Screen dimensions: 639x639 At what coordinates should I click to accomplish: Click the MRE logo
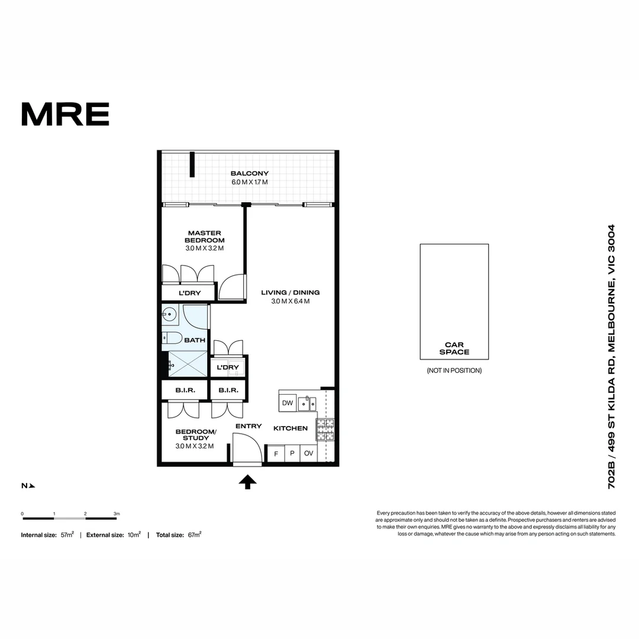(x=65, y=114)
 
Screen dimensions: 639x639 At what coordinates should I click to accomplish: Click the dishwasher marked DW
(x=288, y=403)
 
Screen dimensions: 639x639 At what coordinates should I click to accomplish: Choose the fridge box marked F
(x=276, y=454)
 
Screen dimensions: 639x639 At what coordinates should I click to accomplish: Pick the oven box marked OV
(x=308, y=454)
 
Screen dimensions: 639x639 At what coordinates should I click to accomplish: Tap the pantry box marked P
(x=292, y=454)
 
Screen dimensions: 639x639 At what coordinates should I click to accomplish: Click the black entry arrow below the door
(x=247, y=482)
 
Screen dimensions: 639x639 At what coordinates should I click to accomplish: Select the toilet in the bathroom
(x=172, y=338)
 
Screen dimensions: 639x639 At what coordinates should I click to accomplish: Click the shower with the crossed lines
(x=189, y=363)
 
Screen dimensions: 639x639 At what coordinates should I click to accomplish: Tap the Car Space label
(x=454, y=348)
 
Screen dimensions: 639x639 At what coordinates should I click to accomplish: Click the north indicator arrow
(x=32, y=486)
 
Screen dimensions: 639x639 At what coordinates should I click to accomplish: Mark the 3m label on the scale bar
(x=117, y=514)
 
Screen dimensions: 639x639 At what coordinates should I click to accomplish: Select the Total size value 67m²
(x=195, y=534)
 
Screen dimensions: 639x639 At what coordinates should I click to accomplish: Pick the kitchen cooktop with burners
(x=325, y=430)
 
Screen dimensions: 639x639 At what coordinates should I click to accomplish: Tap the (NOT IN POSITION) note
(x=454, y=370)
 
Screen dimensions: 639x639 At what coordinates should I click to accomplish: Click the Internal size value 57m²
(x=67, y=534)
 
